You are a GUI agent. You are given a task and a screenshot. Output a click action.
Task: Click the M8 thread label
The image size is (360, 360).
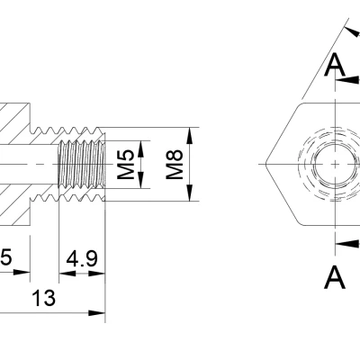[175, 164]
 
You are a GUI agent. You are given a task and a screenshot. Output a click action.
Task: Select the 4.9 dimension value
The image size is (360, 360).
[82, 260]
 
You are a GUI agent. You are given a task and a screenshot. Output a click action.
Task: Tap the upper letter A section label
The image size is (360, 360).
[335, 64]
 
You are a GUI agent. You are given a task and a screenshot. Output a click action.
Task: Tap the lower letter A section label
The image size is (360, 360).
[335, 278]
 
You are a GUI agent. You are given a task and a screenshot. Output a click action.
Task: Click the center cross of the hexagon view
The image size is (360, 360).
[334, 164]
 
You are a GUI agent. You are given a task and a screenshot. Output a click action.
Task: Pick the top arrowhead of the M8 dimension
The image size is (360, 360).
[190, 133]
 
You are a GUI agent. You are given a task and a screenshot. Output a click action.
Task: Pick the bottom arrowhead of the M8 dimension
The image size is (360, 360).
[190, 195]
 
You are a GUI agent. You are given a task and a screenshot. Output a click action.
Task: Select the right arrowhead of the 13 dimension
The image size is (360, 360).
[100, 313]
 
